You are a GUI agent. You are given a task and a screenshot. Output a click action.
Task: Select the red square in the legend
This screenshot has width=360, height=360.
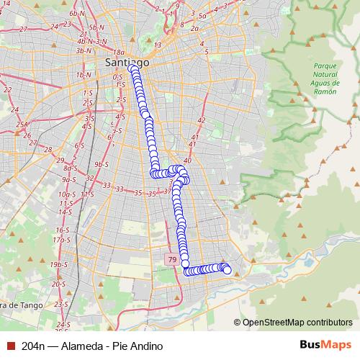[10, 346]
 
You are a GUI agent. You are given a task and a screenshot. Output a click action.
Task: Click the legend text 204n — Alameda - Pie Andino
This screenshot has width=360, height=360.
[87, 346]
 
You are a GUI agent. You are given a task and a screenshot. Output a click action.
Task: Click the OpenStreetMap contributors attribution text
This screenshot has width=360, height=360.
[297, 322]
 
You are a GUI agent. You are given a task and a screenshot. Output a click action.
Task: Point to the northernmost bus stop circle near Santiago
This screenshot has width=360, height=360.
[134, 70]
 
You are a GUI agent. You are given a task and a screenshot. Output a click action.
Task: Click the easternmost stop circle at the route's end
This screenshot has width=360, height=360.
[228, 271]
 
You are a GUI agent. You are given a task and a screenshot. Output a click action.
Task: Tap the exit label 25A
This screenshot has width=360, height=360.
[23, 125]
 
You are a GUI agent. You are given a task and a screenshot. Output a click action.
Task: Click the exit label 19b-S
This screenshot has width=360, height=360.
[58, 265]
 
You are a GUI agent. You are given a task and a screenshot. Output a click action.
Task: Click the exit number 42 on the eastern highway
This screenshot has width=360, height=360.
[201, 120]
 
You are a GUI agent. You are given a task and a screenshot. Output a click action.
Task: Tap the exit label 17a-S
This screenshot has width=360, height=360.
[62, 238]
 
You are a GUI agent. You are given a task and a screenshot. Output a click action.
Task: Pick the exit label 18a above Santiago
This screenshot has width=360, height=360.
[120, 53]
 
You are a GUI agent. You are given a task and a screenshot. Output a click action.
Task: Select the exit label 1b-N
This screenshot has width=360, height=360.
[84, 74]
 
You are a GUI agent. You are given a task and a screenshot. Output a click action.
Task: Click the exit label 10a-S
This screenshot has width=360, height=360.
[67, 194]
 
